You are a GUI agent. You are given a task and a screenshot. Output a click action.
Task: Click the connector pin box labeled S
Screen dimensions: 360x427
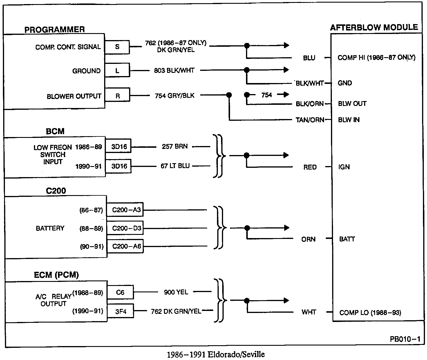pos(117,47)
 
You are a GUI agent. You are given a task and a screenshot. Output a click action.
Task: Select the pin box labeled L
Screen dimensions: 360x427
pos(117,71)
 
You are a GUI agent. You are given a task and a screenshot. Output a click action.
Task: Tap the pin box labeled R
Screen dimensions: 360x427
pos(117,96)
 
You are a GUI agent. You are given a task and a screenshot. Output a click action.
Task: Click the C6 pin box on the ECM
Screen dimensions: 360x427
pos(120,292)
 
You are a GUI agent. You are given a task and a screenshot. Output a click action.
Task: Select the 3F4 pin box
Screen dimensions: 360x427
pos(120,312)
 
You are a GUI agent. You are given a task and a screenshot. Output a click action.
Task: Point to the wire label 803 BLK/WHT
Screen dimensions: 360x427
pos(174,70)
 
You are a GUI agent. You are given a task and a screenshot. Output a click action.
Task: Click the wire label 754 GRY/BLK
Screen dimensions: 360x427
pos(175,96)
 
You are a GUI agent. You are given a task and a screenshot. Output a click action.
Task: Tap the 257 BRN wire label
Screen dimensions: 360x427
pos(175,147)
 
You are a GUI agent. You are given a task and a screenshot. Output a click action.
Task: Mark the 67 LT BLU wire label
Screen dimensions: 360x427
pos(175,166)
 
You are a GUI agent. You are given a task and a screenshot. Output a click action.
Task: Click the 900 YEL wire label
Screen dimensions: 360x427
pos(176,292)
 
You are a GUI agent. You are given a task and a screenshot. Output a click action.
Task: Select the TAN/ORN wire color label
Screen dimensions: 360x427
pos(310,120)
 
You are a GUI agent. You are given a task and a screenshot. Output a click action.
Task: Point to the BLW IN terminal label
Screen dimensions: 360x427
pos(349,120)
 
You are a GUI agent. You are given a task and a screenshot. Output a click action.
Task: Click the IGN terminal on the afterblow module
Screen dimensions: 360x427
pos(344,167)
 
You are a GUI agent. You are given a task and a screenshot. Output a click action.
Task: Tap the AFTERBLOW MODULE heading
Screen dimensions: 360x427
pos(374,28)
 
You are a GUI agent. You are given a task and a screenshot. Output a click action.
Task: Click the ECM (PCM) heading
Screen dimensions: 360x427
pos(56,275)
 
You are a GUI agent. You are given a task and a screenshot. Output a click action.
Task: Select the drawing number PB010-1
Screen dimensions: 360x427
pos(405,339)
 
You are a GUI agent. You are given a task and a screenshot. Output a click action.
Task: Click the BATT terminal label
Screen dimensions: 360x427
pos(347,239)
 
